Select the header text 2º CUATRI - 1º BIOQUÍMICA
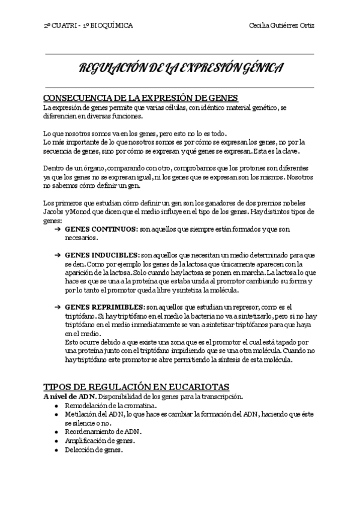[x=89, y=26]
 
